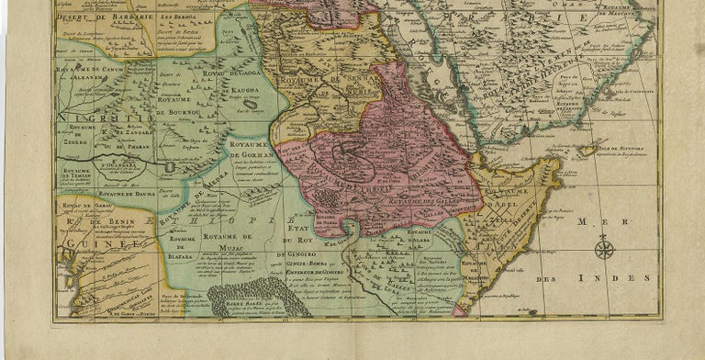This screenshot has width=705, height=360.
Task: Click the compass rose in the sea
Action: coord(603,247)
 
